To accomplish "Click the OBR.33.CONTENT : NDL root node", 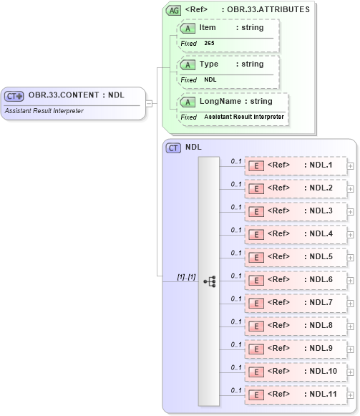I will point(75,95).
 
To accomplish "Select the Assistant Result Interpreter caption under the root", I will point(44,111).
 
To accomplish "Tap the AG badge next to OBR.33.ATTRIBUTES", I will point(173,10).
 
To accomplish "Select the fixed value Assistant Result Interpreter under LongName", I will point(243,117).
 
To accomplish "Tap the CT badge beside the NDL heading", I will point(173,147).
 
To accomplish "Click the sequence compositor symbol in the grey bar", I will point(209,281).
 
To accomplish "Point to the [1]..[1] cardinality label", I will point(185,276).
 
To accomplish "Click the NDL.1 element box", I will point(296,165).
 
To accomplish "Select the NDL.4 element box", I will point(296,234).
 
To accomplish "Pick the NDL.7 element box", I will point(296,303).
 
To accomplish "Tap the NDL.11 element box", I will point(296,395).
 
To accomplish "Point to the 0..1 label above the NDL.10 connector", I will point(236,367).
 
